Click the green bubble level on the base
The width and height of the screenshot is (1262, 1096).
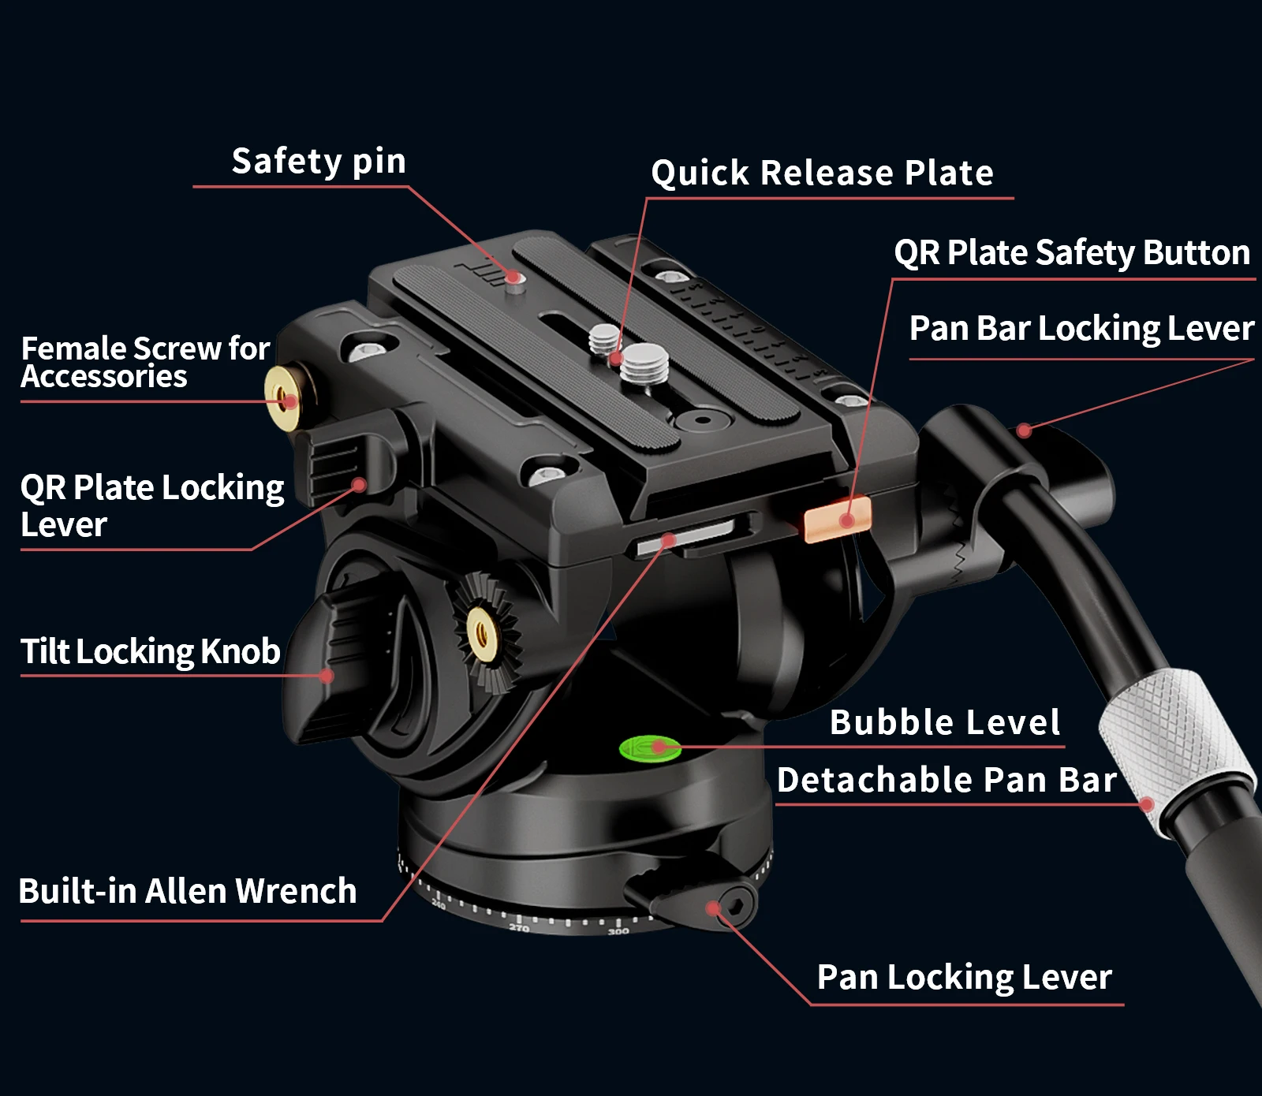tap(650, 748)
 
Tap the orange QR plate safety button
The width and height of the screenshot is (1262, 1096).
tap(837, 518)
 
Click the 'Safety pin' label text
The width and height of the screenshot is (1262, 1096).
tap(319, 162)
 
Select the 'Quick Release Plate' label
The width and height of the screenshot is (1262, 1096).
tap(822, 173)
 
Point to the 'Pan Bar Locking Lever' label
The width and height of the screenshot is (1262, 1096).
tap(1081, 328)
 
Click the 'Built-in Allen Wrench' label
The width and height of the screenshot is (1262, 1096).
tap(188, 891)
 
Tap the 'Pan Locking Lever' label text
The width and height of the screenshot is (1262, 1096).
tap(964, 977)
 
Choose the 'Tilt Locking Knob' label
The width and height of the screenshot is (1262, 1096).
tap(150, 651)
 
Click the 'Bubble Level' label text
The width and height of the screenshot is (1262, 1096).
tap(945, 722)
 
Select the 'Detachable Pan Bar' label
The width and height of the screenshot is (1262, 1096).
tap(946, 780)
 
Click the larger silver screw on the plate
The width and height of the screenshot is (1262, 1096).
tap(644, 364)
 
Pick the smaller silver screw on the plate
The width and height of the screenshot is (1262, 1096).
tap(605, 339)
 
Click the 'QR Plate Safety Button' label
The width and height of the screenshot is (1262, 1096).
tap(1072, 253)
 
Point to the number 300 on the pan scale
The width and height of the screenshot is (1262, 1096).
tap(618, 931)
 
